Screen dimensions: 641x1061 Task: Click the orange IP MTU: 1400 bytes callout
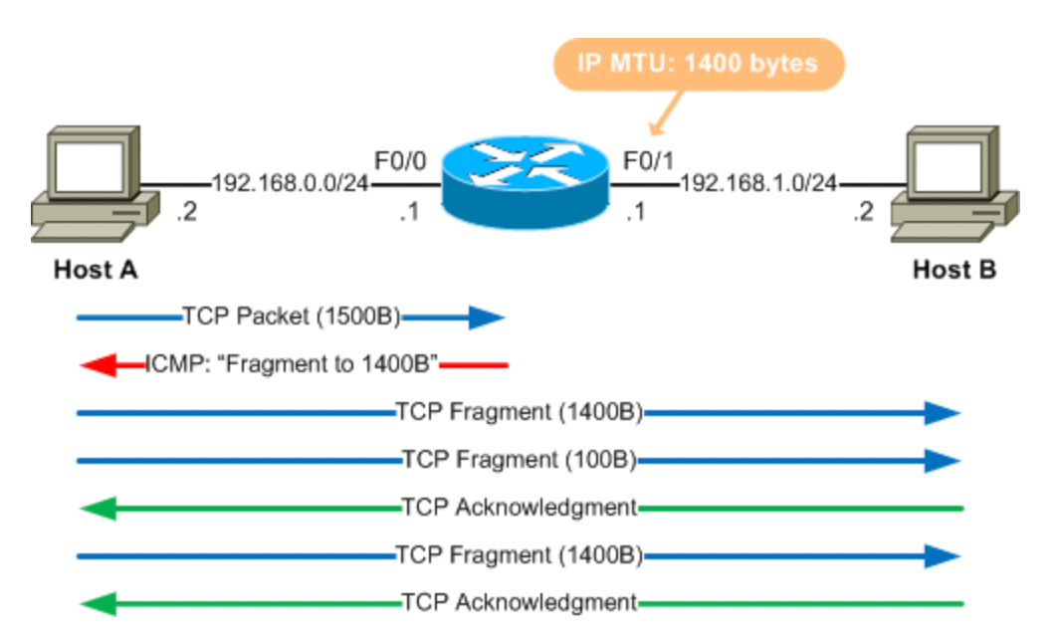tap(698, 65)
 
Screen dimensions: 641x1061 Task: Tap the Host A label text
tap(96, 270)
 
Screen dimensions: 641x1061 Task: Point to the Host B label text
tap(955, 270)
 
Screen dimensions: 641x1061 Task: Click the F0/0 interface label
tap(400, 160)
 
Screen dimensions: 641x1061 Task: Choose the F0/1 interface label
tap(648, 160)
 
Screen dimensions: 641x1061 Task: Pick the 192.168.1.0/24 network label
tap(758, 184)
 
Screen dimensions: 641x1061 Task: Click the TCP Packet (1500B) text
tap(291, 318)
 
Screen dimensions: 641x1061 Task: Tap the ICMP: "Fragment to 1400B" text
tap(293, 364)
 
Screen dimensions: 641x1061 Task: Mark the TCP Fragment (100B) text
tap(519, 460)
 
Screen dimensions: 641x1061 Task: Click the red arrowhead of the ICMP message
tap(99, 365)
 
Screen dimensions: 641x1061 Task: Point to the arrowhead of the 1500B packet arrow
tap(487, 318)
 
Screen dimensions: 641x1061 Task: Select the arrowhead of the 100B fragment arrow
tap(942, 460)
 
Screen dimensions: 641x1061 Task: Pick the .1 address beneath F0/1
tap(635, 213)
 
